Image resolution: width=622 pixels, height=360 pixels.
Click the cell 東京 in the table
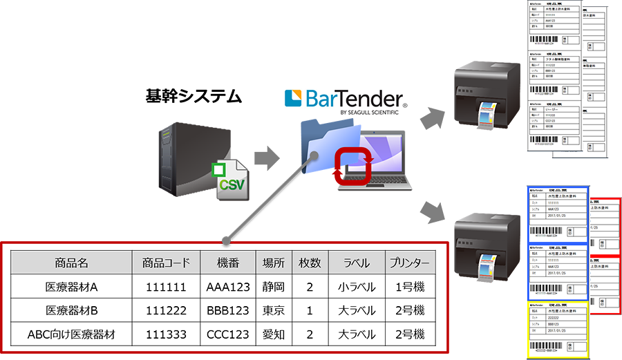[274, 311]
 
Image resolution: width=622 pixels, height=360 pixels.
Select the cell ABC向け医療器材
[72, 335]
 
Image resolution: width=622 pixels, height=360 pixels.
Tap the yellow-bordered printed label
[556, 329]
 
